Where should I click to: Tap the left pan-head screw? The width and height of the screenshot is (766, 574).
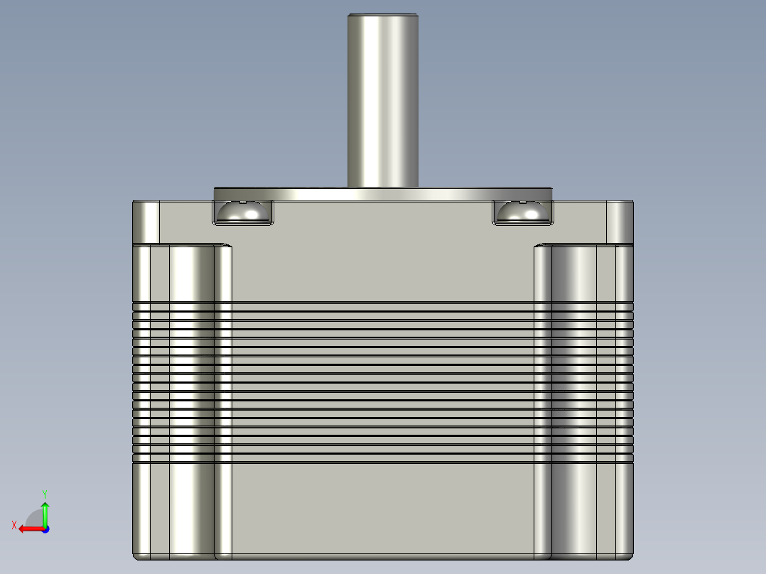pyautogui.click(x=243, y=212)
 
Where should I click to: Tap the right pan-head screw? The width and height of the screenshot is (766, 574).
pyautogui.click(x=522, y=212)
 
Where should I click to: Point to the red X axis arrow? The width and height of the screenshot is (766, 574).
pyautogui.click(x=28, y=529)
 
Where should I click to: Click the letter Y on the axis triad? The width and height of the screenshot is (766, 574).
pyautogui.click(x=45, y=493)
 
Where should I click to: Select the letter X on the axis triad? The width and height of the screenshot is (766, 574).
pyautogui.click(x=14, y=525)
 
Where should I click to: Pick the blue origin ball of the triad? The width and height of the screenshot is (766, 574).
pyautogui.click(x=45, y=529)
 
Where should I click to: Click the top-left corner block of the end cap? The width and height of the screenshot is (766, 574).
pyautogui.click(x=146, y=221)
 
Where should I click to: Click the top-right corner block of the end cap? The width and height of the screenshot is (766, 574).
pyautogui.click(x=619, y=221)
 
